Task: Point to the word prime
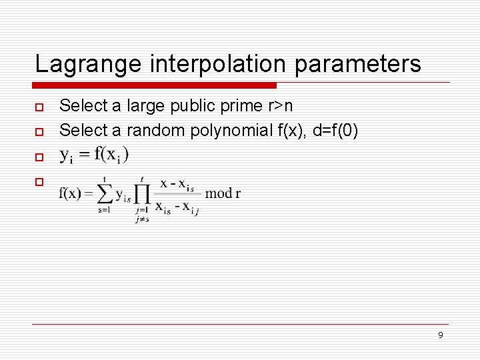[x=243, y=106]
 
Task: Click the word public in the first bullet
[x=195, y=106]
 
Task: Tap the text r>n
[x=280, y=106]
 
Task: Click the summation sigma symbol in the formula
[x=105, y=193]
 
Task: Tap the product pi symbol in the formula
[x=143, y=193]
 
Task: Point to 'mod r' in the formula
[x=223, y=194]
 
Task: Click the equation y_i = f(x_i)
[x=95, y=155]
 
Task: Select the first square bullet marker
[x=39, y=107]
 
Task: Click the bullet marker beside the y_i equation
[x=39, y=157]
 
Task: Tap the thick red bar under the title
[x=155, y=85]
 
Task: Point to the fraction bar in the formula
[x=178, y=194]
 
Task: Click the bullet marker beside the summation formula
[x=39, y=181]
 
